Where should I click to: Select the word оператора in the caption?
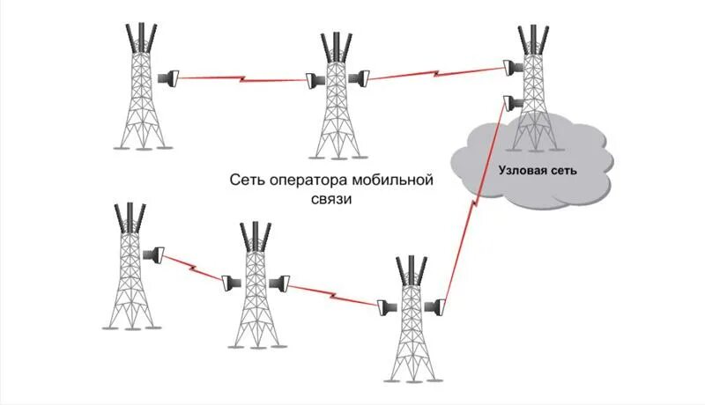pyautogui.click(x=305, y=180)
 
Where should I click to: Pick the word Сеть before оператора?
pyautogui.click(x=246, y=180)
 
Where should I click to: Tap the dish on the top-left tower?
pyautogui.click(x=167, y=78)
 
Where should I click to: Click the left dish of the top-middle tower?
pyautogui.click(x=312, y=80)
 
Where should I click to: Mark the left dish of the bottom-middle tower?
pyautogui.click(x=229, y=283)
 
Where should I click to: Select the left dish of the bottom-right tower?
pyautogui.click(x=384, y=308)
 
